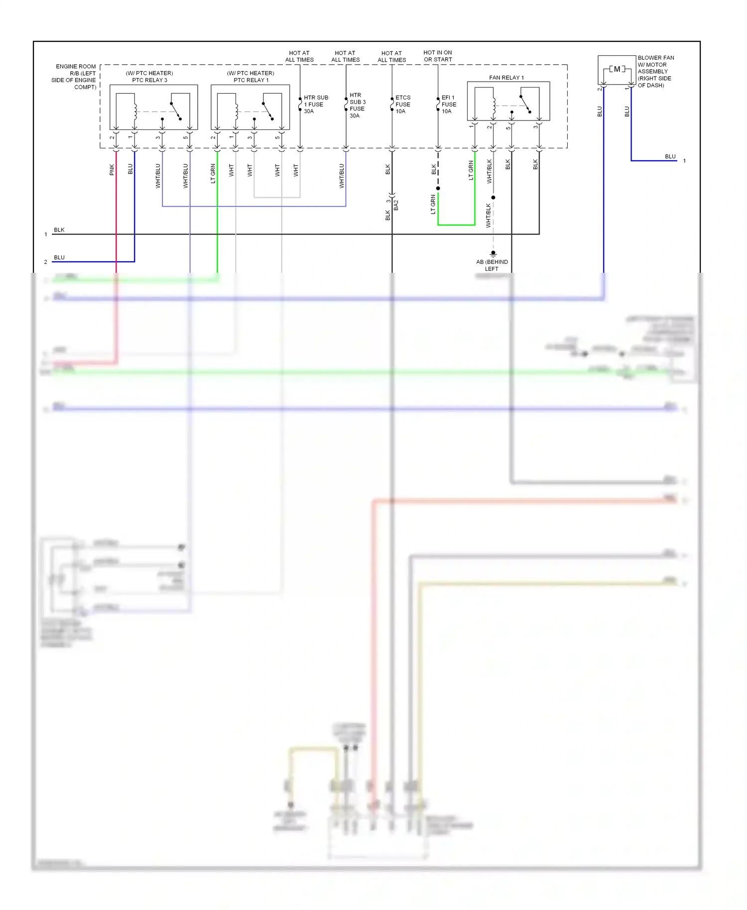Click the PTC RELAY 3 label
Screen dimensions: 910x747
149,80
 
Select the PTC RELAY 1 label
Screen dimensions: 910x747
250,80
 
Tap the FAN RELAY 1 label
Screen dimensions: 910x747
506,78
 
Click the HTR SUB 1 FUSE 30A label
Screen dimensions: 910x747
315,105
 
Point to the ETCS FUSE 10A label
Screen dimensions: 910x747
402,105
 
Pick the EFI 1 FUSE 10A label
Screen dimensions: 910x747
448,105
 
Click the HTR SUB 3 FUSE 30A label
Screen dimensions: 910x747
357,105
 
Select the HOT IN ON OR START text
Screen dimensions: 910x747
438,56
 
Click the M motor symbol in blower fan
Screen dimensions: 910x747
617,69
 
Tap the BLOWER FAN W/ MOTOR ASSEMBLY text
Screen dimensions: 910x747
655,71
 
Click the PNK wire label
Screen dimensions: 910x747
112,170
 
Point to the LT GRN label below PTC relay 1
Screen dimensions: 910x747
213,173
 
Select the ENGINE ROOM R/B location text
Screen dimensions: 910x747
75,76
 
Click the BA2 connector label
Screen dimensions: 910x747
396,205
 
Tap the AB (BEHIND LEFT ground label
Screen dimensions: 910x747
492,265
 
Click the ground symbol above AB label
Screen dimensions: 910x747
493,254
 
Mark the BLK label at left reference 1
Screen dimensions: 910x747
59,230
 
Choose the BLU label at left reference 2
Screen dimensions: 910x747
59,257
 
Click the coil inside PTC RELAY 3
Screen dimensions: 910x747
135,111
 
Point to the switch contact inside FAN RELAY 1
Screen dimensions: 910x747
525,105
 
